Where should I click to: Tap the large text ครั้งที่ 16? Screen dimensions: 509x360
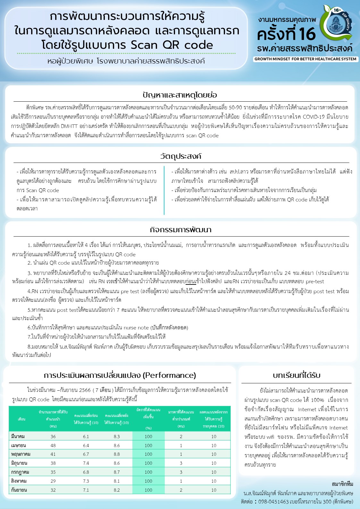[286, 34]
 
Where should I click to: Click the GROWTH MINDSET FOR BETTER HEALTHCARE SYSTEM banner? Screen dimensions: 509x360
[305, 59]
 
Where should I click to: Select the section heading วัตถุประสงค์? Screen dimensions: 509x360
[181, 156]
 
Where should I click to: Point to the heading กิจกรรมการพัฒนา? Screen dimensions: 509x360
[181, 230]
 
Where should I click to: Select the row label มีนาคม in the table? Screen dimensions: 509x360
[18, 437]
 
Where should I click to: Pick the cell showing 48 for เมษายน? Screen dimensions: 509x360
[53, 445]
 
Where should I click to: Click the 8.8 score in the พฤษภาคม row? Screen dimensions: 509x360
[117, 454]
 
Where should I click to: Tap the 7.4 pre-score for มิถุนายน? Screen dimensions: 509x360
[86, 463]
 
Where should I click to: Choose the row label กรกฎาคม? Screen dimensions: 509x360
[20, 472]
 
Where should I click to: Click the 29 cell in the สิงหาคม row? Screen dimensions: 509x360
[53, 481]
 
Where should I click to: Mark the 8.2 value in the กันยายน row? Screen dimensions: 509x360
[117, 490]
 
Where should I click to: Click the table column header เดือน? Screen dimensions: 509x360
[21, 419]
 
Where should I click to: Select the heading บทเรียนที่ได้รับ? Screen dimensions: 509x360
[297, 375]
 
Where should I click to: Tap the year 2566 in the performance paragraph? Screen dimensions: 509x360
[85, 390]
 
